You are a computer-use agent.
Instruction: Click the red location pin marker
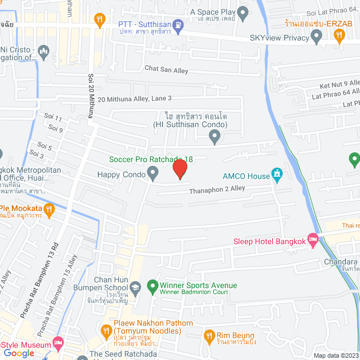click(179, 169)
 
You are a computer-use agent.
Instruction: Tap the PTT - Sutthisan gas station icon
click(178, 24)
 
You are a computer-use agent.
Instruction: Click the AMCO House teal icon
click(277, 174)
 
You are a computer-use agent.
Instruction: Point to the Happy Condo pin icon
click(152, 174)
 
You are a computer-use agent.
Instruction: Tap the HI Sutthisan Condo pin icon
click(214, 135)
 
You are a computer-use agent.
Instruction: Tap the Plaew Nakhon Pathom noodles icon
click(105, 332)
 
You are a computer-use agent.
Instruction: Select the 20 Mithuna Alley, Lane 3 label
click(134, 98)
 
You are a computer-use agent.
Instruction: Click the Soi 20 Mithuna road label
click(90, 95)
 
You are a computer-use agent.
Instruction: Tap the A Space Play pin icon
click(243, 12)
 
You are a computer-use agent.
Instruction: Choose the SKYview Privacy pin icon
click(317, 38)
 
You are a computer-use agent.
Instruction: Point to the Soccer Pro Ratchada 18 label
click(154, 159)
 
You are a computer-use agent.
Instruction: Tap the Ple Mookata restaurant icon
click(49, 210)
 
